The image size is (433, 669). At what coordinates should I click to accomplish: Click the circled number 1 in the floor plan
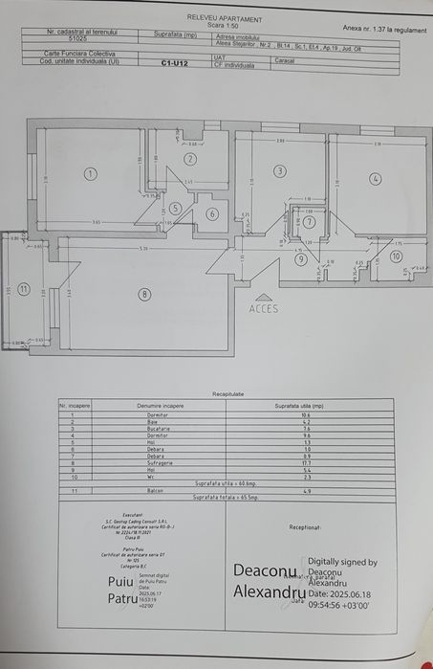click(x=90, y=174)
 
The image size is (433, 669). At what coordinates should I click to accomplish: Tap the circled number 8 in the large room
click(x=144, y=294)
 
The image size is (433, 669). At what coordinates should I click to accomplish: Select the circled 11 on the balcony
click(x=24, y=288)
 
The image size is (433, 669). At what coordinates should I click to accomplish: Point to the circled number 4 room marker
click(x=376, y=178)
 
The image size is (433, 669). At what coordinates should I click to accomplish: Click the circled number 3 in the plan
click(x=279, y=171)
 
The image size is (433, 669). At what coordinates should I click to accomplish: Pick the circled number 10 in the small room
click(x=396, y=256)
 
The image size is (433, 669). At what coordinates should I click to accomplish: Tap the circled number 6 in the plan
click(x=212, y=214)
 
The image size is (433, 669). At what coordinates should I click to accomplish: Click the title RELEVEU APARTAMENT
click(x=216, y=17)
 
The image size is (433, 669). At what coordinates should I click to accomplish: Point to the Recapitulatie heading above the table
click(x=217, y=393)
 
